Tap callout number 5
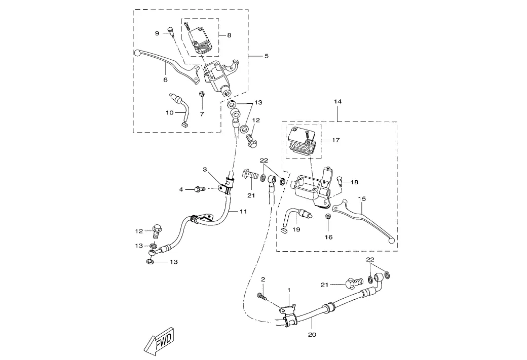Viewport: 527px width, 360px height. coord(266,56)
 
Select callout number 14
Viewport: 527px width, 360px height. coord(338,102)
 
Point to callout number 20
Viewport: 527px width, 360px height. coord(311,335)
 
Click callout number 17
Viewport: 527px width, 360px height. coord(335,140)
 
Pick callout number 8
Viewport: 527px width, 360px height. coord(229,35)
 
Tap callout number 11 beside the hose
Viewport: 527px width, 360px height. coord(243,211)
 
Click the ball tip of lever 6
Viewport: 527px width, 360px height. coord(138,52)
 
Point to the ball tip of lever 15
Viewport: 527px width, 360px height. coord(391,242)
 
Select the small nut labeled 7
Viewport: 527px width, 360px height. coord(202,95)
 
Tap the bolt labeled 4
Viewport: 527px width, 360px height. coord(198,189)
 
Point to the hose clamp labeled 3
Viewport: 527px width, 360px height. coord(227,185)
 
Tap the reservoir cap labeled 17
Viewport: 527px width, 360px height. coord(302,142)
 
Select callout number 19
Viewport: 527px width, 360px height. coord(296,229)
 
